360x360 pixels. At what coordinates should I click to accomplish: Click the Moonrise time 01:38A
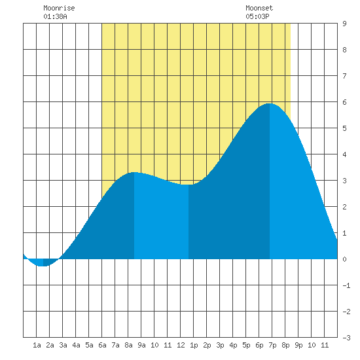point(56,16)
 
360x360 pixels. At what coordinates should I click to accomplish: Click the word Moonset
point(259,8)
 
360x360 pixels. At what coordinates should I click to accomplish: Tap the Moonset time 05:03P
point(257,16)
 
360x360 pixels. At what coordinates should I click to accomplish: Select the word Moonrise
point(59,8)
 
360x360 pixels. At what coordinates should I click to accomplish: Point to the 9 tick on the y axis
point(344,24)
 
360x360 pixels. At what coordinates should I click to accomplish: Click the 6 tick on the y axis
point(344,102)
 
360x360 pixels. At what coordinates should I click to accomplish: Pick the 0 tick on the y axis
point(344,259)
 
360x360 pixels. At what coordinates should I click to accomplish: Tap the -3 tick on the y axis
point(346,338)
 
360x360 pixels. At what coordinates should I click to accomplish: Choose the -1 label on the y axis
point(346,285)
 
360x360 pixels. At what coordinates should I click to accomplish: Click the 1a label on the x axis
point(37,345)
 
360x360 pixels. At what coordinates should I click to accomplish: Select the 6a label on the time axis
point(102,345)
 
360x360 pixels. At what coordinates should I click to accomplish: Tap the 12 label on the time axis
point(181,345)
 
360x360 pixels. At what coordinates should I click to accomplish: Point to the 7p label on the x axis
point(272,345)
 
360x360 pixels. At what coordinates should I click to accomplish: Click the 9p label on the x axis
point(298,345)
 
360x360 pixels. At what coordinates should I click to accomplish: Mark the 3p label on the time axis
point(220,345)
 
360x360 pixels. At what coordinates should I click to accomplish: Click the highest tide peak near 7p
point(270,103)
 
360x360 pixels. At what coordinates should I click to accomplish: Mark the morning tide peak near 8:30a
point(134,172)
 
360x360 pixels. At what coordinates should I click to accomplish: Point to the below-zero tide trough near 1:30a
point(43,266)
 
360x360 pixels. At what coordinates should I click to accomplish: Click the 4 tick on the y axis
point(344,154)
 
